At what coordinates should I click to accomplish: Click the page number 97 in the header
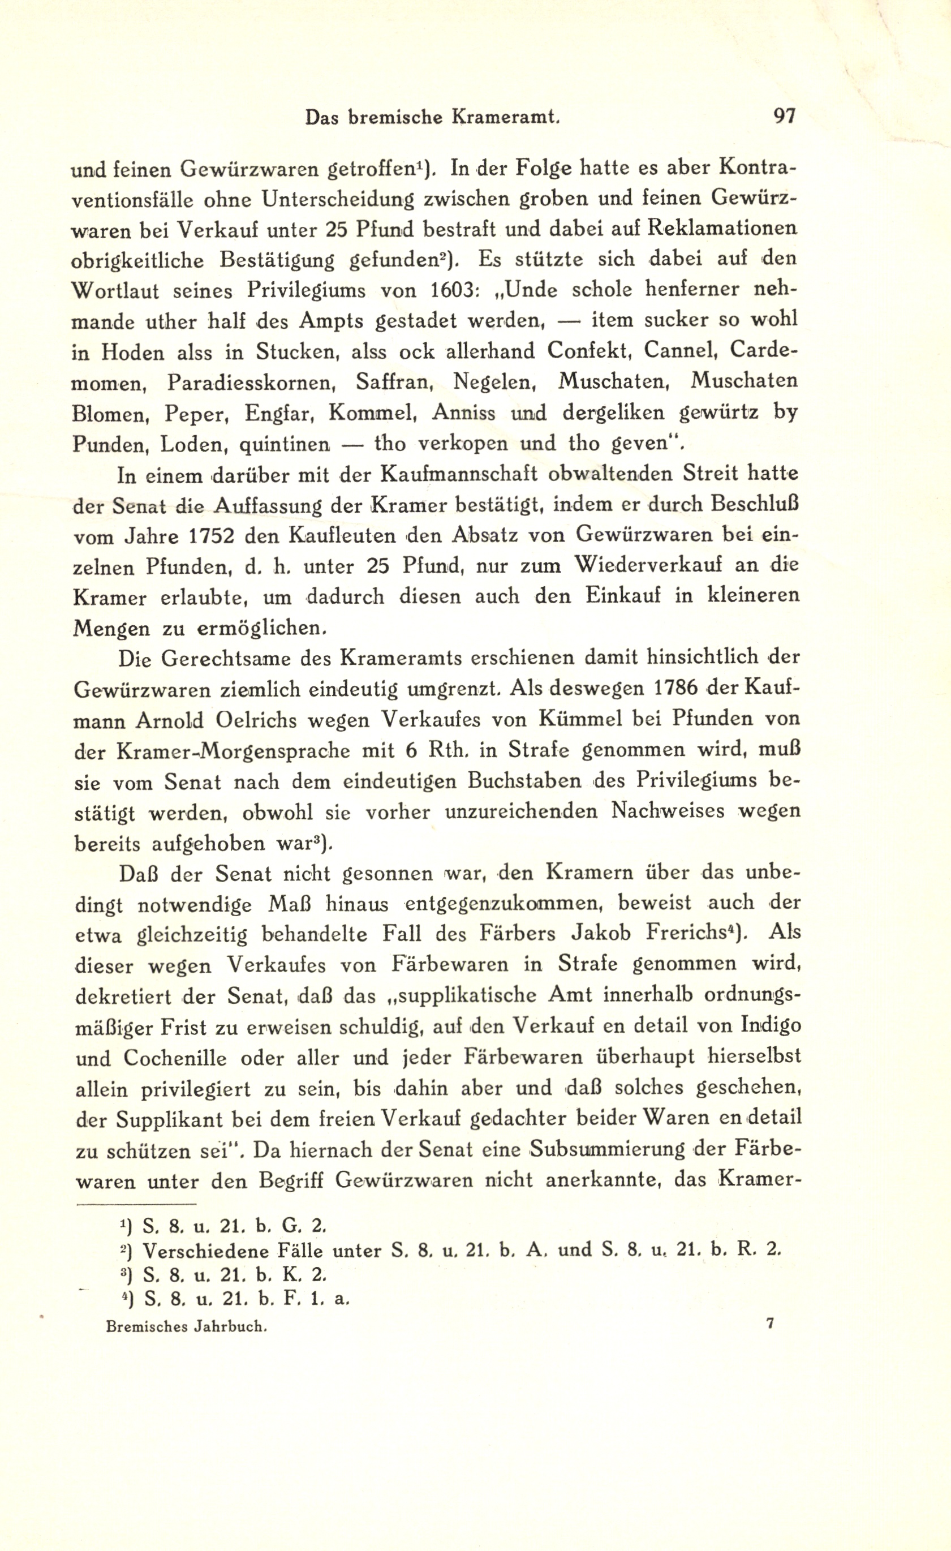click(784, 117)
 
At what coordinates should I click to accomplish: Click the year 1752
click(202, 536)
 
